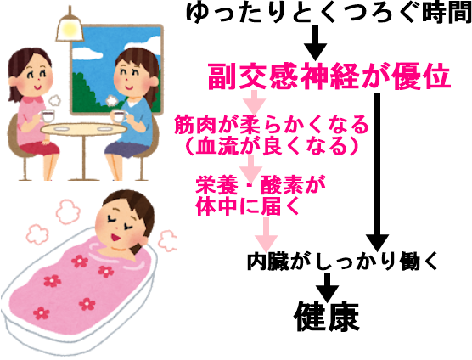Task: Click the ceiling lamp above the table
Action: click(x=70, y=26)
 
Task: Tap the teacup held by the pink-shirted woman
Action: click(x=48, y=116)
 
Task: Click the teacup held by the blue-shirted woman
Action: click(x=118, y=115)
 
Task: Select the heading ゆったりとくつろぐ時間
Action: click(x=329, y=13)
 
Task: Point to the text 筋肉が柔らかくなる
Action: click(x=271, y=125)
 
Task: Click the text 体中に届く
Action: click(x=248, y=206)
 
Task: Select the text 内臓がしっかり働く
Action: click(x=342, y=262)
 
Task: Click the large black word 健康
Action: click(x=327, y=316)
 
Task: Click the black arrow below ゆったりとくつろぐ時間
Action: click(x=315, y=43)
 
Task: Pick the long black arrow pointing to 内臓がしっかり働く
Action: click(x=377, y=172)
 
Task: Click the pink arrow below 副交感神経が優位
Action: click(x=255, y=103)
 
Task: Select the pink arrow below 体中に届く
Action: click(x=266, y=235)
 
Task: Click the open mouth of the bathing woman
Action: click(x=115, y=238)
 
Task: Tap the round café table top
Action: click(x=84, y=129)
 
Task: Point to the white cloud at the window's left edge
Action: click(x=87, y=53)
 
